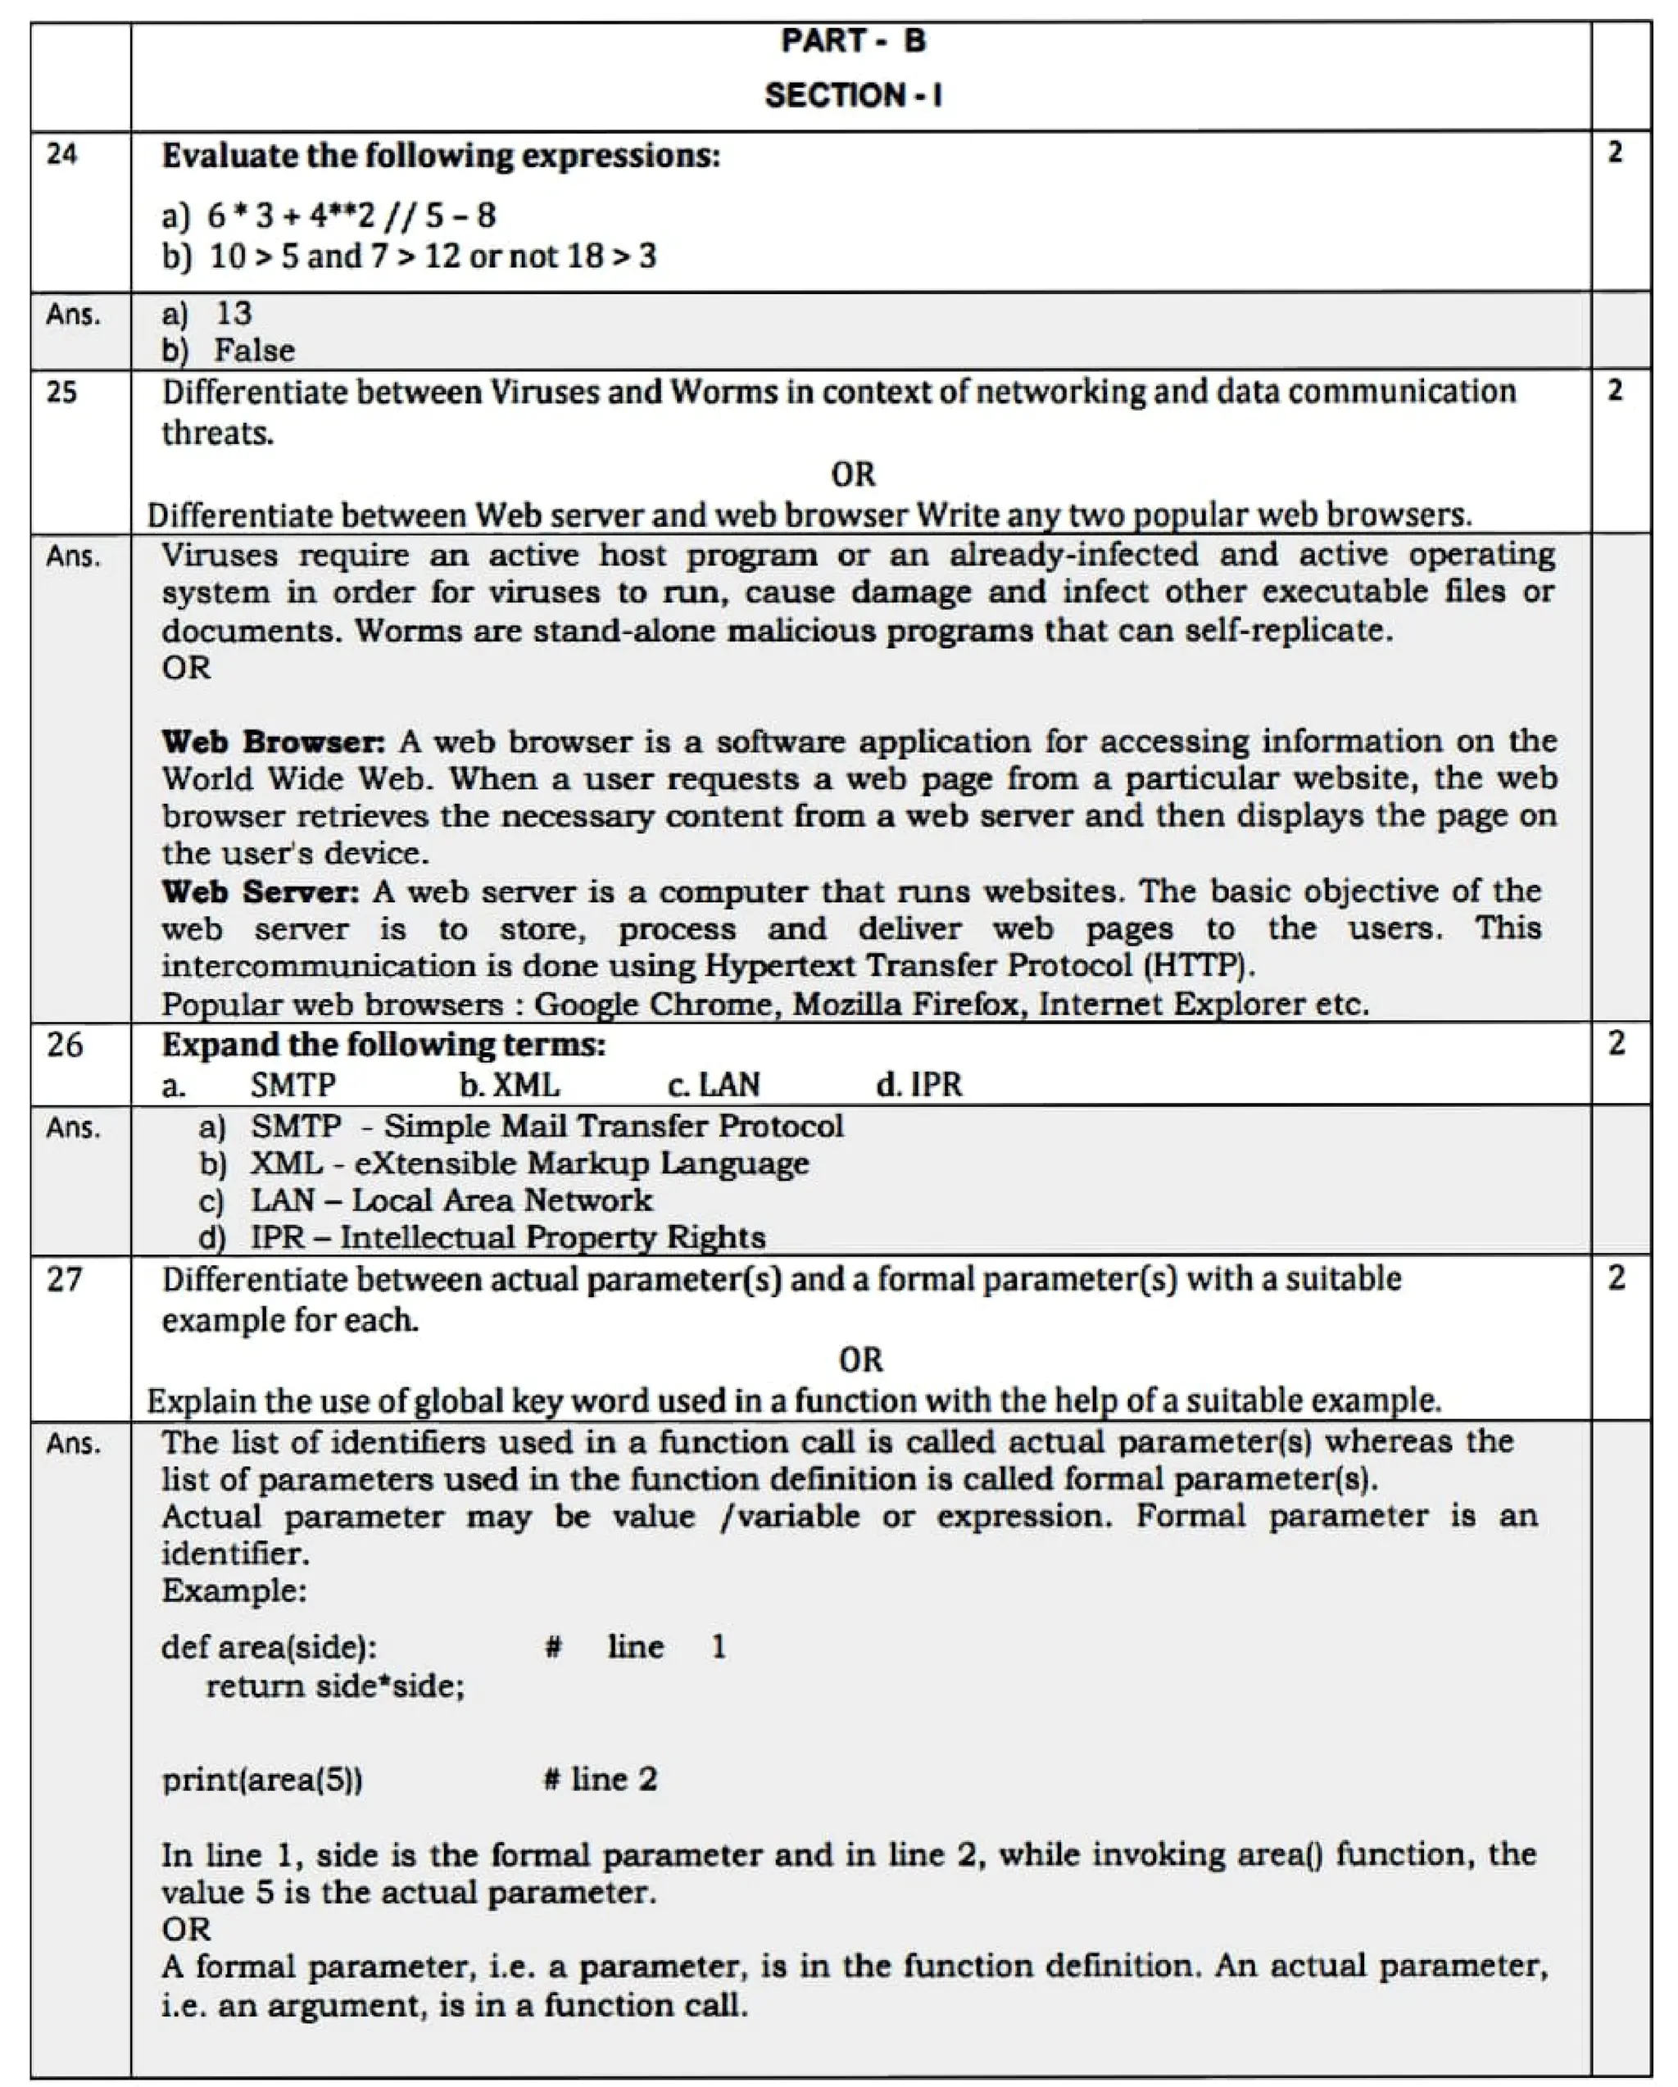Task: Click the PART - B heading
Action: [854, 41]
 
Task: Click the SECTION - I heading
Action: [854, 95]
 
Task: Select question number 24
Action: [62, 154]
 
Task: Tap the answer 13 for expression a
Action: [234, 313]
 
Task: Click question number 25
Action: [62, 392]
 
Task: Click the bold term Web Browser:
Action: [273, 742]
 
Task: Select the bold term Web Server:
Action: [261, 891]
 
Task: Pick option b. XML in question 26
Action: [510, 1084]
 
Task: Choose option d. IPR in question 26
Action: [919, 1084]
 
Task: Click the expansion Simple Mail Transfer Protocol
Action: [614, 1126]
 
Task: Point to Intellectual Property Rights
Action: [552, 1237]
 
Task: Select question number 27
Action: [65, 1280]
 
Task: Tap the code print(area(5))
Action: [262, 1779]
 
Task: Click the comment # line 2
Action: [601, 1779]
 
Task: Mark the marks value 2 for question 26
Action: [1616, 1044]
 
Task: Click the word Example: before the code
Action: [234, 1590]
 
